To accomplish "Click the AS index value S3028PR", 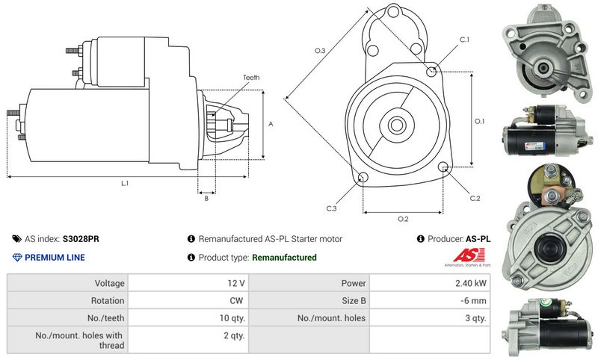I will click(81, 239).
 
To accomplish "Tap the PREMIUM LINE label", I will click(55, 258).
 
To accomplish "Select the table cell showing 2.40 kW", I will click(471, 283).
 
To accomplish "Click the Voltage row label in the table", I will click(108, 283).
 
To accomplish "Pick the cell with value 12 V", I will click(236, 283).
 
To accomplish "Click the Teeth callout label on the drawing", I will click(251, 78).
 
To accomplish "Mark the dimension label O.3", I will click(319, 51).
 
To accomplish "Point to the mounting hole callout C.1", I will click(463, 39).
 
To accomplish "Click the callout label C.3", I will click(331, 208).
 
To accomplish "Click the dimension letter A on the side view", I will click(271, 124).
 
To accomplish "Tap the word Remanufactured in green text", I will click(284, 258).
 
